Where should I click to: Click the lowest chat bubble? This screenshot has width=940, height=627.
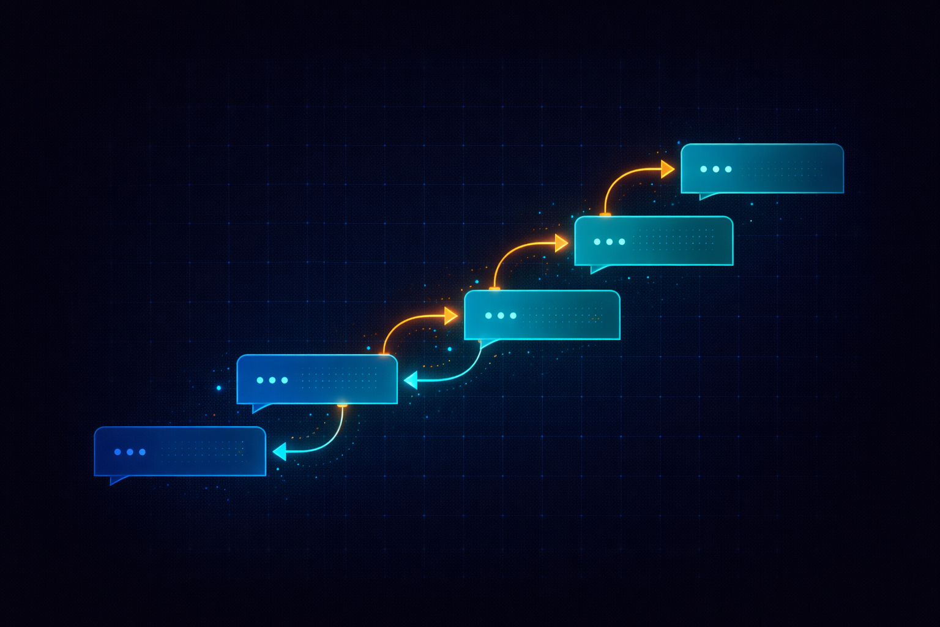coord(180,451)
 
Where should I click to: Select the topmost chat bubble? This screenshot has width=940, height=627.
coord(762,168)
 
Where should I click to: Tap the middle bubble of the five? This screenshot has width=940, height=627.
coord(542,315)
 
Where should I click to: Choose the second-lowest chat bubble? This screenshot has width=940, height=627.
coord(317,379)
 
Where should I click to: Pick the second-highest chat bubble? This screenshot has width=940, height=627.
coord(654,241)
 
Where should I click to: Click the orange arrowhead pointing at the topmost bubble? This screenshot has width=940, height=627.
coord(668,169)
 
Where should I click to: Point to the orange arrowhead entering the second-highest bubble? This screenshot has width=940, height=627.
coord(561,243)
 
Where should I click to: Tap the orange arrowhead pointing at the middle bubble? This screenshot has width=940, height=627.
coord(451,316)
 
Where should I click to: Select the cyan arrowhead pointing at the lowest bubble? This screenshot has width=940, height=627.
coord(280,452)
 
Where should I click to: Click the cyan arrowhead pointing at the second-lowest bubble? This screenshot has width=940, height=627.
coord(411,380)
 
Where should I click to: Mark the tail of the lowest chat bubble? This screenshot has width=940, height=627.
coord(117,480)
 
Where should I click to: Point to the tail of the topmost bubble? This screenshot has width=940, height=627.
coord(706,196)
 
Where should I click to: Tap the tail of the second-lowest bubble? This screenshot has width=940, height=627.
coord(259,408)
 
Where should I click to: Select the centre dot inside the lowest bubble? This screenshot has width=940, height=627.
coord(130,452)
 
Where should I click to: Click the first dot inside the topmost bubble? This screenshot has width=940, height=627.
coord(704,169)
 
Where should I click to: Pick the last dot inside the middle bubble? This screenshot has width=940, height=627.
coord(513,316)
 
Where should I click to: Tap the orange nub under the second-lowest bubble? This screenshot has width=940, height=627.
coord(343,405)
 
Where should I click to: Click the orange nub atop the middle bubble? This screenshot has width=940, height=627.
coord(494,288)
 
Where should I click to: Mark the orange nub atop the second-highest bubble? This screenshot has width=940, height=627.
coord(605,214)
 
